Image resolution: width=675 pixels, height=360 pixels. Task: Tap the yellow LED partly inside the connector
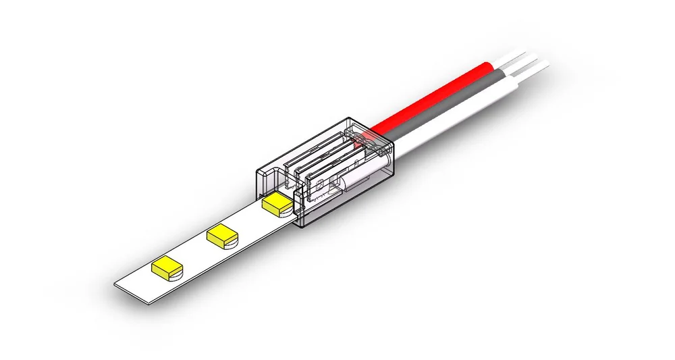tap(277, 202)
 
